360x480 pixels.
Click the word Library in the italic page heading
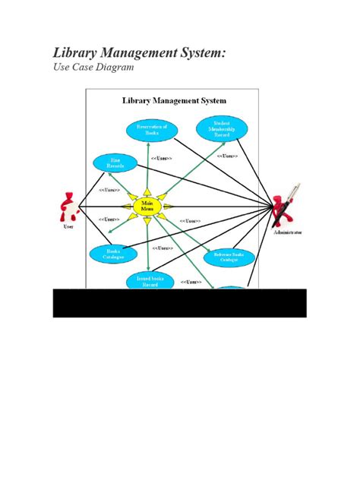click(x=74, y=54)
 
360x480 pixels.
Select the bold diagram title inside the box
click(x=174, y=99)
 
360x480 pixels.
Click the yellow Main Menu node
click(x=146, y=207)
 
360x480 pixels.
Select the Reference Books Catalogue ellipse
click(x=229, y=257)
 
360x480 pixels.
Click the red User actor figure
click(x=69, y=206)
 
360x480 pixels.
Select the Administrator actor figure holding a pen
click(x=288, y=206)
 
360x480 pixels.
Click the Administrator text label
click(x=289, y=232)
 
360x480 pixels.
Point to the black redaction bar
click(x=179, y=302)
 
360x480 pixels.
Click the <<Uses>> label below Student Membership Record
click(x=227, y=156)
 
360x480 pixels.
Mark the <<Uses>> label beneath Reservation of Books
click(x=161, y=158)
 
